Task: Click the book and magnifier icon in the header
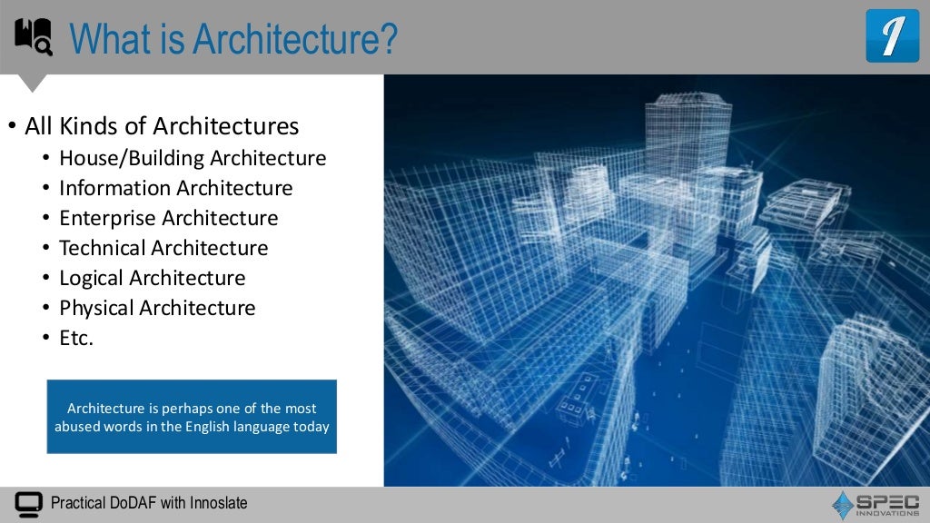34,37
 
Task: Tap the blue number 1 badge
892,36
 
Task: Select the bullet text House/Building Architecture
193,158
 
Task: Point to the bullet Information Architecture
176,188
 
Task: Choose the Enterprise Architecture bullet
169,218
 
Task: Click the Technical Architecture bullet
163,248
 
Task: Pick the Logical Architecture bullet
153,278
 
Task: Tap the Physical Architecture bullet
157,308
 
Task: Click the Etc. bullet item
76,338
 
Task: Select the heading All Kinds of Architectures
162,125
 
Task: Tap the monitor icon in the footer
29,503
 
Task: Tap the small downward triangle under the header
34,84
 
